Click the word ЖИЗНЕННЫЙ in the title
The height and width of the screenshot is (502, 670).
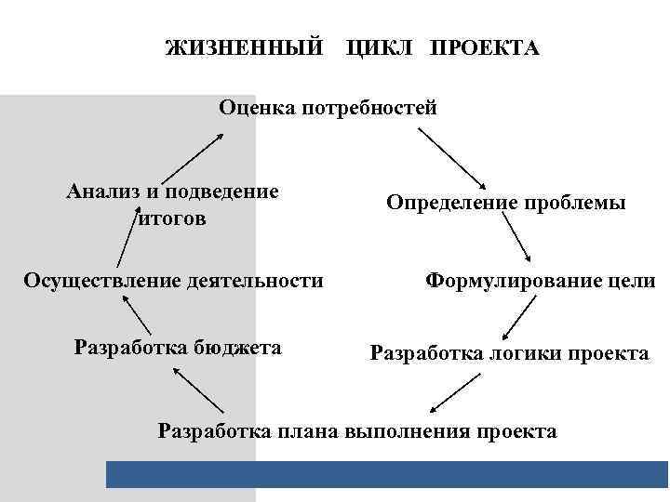click(246, 47)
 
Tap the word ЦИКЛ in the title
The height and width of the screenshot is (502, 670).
click(379, 47)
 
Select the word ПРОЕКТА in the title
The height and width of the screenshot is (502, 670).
click(484, 47)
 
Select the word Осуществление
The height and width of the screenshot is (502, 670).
click(106, 280)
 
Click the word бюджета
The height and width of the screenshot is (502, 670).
click(237, 348)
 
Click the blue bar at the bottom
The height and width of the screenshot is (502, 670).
click(387, 474)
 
